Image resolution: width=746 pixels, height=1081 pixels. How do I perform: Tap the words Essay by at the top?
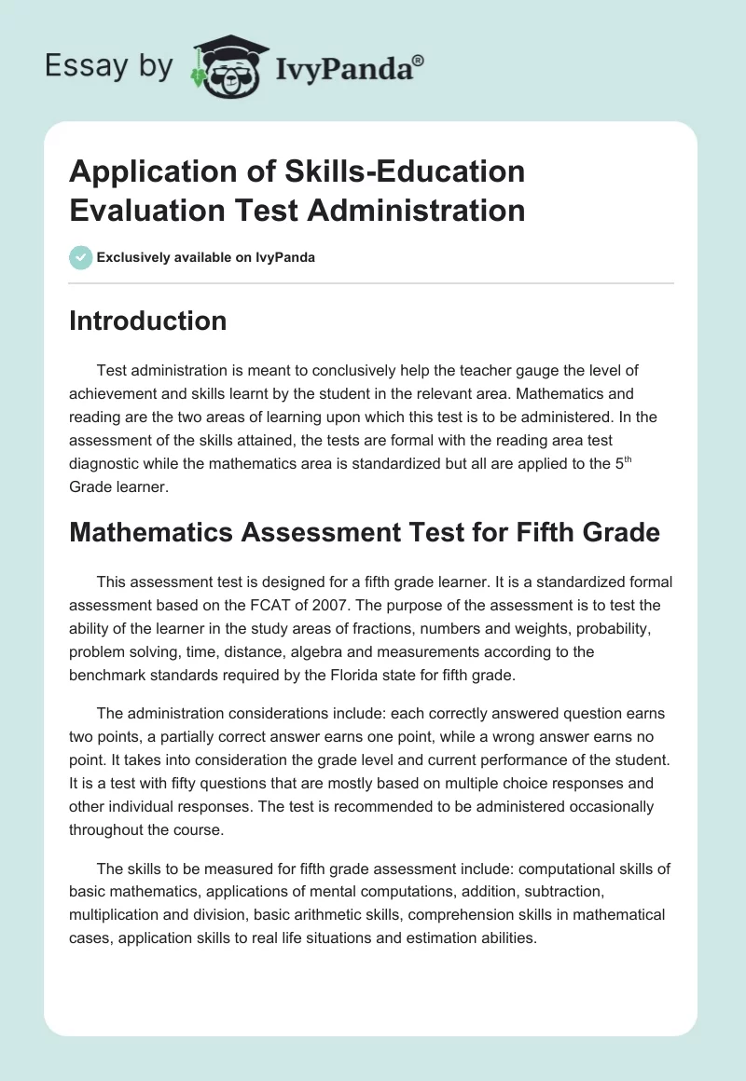[108, 65]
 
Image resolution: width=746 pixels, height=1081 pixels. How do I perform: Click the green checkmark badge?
[81, 257]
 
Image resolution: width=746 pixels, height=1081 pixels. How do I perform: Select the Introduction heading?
[147, 321]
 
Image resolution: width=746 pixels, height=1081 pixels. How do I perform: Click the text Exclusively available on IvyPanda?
[206, 257]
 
